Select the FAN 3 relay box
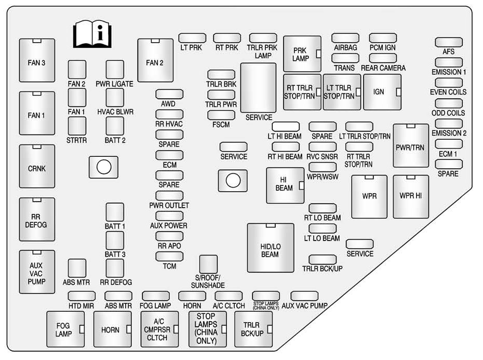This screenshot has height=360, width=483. point(37,62)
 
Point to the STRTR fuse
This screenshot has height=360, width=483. point(77,125)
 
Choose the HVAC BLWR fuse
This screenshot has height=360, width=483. point(115,97)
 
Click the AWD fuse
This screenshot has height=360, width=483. point(169,94)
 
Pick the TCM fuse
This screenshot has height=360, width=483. point(169,256)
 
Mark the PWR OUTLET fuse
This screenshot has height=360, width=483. point(169,195)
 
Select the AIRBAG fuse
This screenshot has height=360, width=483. point(345,38)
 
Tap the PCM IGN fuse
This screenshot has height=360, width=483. point(383,38)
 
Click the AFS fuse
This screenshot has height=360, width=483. point(449,43)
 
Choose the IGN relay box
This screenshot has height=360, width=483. point(382,92)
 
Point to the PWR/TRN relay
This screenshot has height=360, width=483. point(410,146)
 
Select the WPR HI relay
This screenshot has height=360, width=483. point(411,196)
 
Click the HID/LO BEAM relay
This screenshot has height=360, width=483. point(270,248)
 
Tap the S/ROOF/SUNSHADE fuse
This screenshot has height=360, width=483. point(208,264)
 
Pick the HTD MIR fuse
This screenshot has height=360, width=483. point(82,296)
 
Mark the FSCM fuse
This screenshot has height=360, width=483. point(221,115)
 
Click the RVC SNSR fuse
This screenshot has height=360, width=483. point(323,146)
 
